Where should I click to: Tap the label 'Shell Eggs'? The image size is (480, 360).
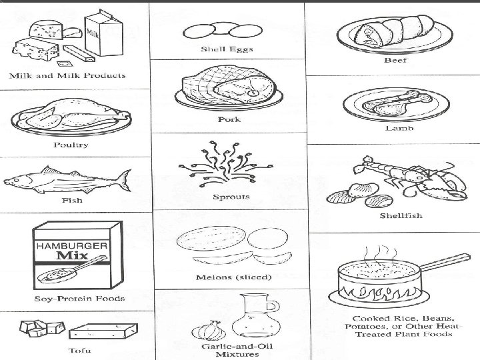coord(227,50)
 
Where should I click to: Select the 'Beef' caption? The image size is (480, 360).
coord(395,61)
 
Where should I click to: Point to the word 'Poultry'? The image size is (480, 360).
coord(71,144)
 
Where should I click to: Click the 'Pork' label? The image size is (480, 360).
coord(229,120)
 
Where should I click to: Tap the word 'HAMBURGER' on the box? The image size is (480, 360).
coord(71,246)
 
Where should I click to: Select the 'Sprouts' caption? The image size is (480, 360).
coord(231,197)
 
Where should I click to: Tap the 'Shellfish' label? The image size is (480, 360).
coord(401,216)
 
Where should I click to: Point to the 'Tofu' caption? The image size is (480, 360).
coord(79,351)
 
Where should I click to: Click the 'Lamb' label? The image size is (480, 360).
coord(399,128)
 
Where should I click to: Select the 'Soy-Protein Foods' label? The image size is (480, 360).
coord(79,298)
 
